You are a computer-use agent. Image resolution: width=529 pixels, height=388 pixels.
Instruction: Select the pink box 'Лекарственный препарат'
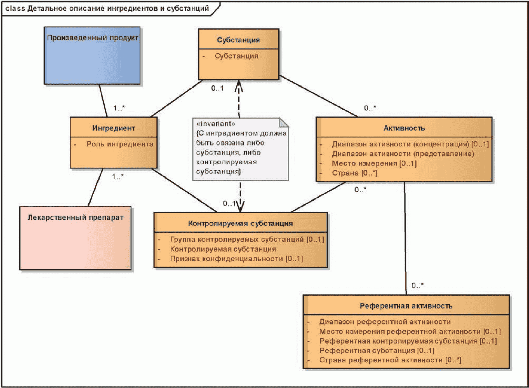tap(75, 238)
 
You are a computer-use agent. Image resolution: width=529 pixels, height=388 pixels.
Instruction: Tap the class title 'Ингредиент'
tap(114, 128)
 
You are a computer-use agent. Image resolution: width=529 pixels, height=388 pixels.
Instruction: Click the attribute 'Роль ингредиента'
tap(120, 144)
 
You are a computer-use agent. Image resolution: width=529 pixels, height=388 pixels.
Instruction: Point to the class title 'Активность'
tap(404, 128)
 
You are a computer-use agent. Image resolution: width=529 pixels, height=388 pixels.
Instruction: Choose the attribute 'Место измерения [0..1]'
tap(374, 163)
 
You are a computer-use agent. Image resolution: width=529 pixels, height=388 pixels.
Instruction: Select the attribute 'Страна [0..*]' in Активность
tap(354, 173)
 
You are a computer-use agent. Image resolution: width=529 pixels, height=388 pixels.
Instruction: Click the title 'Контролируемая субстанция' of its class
tap(240, 223)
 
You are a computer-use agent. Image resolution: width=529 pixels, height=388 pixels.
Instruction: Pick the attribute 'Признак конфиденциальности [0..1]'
tap(236, 259)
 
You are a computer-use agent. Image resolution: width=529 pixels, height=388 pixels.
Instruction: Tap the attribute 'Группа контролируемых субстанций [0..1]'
tap(247, 240)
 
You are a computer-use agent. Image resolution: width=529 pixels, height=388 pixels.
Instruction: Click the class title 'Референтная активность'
tap(406, 306)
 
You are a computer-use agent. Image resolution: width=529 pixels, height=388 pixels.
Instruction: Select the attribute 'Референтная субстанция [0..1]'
tap(377, 350)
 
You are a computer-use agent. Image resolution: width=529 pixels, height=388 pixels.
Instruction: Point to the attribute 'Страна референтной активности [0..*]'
tap(390, 360)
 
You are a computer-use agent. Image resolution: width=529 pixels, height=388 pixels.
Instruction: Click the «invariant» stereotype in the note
tap(216, 124)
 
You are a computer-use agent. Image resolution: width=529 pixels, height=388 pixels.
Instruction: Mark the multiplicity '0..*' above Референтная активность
tap(417, 286)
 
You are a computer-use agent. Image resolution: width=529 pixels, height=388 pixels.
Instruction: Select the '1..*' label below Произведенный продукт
tap(119, 108)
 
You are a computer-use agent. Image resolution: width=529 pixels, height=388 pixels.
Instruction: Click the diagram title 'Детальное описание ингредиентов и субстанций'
tap(118, 8)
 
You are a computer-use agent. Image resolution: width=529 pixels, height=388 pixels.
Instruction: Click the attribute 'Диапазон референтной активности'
tap(385, 322)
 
